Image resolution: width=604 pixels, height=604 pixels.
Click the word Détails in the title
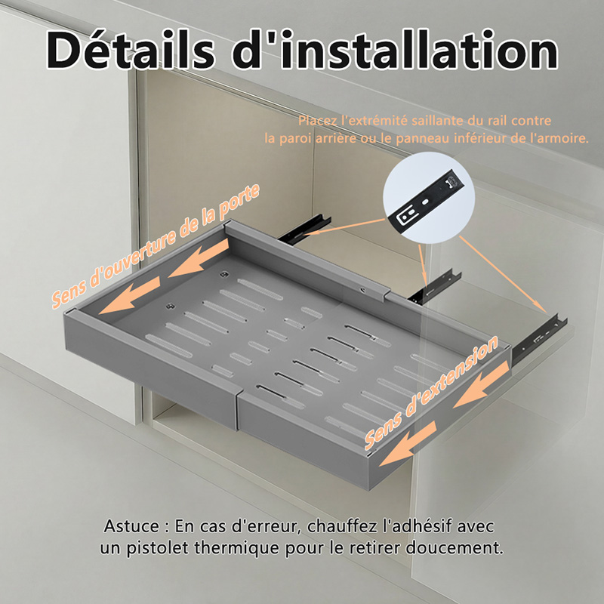coord(131,50)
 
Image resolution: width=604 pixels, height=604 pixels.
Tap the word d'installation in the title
coord(395,50)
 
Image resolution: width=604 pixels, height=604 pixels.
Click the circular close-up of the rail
coord(429,198)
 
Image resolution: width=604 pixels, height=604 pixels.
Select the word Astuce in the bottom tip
coord(131,526)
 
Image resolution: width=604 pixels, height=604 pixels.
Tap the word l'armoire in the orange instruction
coord(559,138)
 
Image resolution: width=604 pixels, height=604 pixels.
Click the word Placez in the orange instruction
coord(318,121)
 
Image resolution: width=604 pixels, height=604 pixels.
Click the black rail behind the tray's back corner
coord(304,230)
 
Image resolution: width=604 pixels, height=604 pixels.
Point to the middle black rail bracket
coord(435,287)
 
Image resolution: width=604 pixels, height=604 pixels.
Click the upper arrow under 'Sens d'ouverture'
coord(199,257)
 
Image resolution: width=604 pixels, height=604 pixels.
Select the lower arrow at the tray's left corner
coord(129,295)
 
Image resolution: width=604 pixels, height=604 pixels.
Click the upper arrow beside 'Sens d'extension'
coord(482,384)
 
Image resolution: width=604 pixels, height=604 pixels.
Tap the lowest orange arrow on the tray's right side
coord(408,443)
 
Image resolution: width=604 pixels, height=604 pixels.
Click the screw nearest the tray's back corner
coord(223,275)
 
